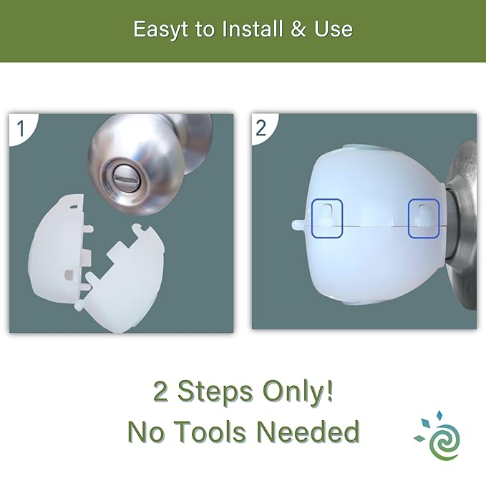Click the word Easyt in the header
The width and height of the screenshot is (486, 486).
click(160, 30)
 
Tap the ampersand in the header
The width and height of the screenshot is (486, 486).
click(298, 29)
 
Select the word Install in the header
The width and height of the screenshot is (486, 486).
click(253, 29)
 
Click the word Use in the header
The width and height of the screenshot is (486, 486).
click(334, 29)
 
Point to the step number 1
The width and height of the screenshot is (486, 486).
click(21, 129)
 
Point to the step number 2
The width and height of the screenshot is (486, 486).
click(261, 128)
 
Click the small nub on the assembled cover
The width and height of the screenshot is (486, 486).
click(298, 225)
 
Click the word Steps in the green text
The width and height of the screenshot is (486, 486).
click(215, 392)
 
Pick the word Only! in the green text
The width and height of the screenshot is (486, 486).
click(298, 392)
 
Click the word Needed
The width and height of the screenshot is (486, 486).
click(308, 432)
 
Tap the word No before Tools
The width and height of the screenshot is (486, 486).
click(146, 432)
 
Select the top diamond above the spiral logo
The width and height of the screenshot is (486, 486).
click(439, 415)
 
